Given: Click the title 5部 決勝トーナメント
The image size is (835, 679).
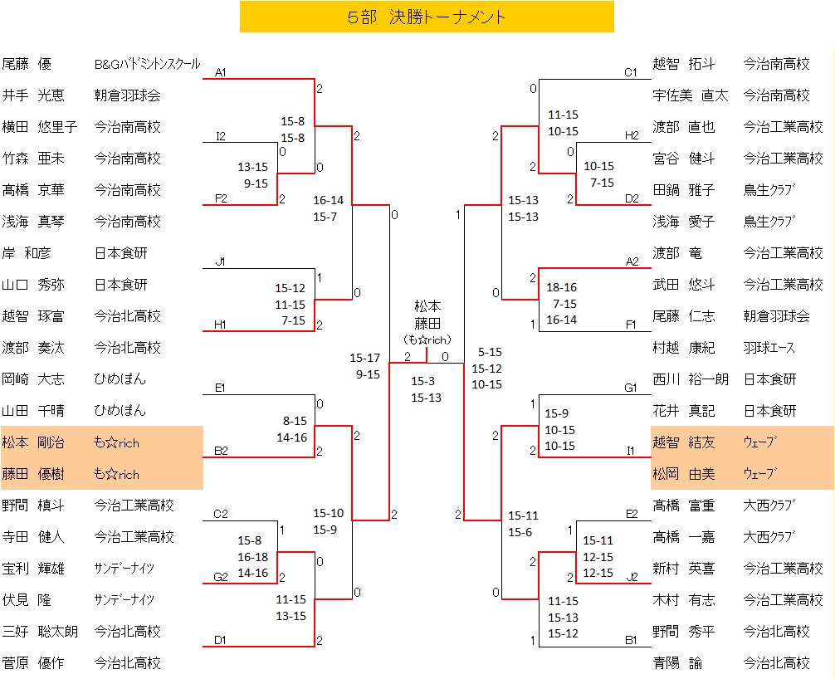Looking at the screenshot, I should coord(427,17).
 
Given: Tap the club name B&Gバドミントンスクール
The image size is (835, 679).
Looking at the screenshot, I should coord(147,64).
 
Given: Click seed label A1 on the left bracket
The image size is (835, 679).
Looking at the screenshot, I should coord(220,73).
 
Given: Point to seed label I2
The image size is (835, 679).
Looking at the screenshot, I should coord(220,136).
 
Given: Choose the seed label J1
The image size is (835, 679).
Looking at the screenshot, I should coord(220,262).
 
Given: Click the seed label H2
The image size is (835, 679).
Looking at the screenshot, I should coord(632,136).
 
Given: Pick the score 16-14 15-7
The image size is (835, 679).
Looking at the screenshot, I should coord(328,208).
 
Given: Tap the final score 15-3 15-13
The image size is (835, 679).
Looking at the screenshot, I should coord(427,389).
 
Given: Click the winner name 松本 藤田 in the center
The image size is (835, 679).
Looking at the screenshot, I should coord(427,315).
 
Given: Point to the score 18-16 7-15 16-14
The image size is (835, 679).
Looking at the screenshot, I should coord(561,304).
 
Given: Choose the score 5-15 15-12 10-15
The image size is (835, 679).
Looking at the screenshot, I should coord(487,368).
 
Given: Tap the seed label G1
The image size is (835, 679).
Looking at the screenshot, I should coord(632,388).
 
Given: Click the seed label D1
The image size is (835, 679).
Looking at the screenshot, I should coord(220,640).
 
